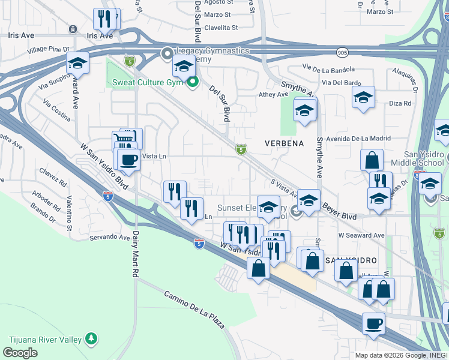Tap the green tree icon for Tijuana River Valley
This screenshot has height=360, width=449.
(x=91, y=340)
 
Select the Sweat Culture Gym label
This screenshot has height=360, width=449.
(x=148, y=82)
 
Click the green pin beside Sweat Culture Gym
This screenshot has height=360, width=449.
(x=192, y=82)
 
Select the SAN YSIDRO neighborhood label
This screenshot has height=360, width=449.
(x=351, y=260)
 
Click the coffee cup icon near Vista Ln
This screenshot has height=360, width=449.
(x=128, y=160)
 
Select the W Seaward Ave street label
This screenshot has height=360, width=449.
(x=361, y=235)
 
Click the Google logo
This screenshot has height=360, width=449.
(x=20, y=353)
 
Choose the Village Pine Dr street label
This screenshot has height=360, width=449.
(x=49, y=49)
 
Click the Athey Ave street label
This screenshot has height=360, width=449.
(x=274, y=94)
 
